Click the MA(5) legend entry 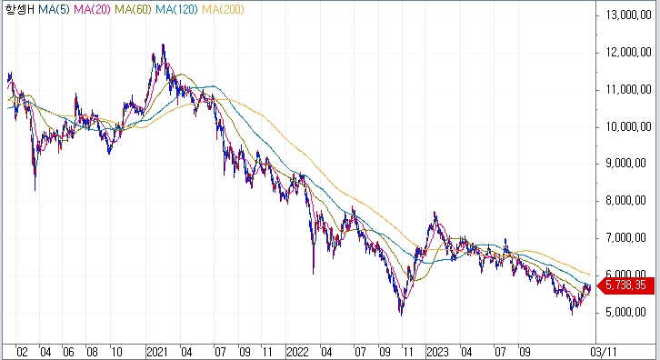tap(54, 9)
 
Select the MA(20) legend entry tap(92, 9)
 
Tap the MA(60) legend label tap(133, 9)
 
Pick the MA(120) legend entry tap(176, 9)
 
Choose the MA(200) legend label tap(223, 9)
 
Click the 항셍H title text tap(19, 9)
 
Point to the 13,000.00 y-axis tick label tap(628, 15)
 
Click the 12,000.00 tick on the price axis tap(628, 53)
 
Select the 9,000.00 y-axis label tap(625, 164)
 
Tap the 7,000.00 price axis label tap(625, 238)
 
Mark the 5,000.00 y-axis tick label tap(625, 312)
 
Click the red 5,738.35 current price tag tap(625, 285)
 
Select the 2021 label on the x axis tap(157, 352)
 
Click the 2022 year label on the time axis tap(297, 352)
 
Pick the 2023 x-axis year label tap(438, 352)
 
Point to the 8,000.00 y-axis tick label tap(625, 200)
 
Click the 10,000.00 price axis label tap(628, 126)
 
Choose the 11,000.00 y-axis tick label tap(628, 89)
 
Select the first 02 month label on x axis tap(22, 352)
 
